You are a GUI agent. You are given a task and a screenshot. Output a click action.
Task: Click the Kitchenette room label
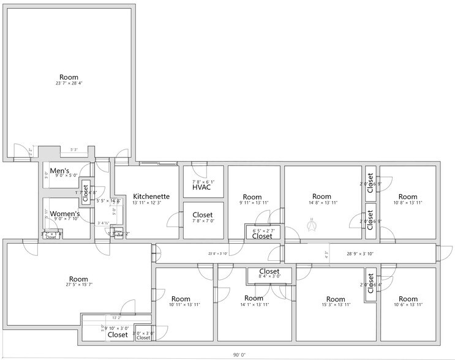[x=151, y=196]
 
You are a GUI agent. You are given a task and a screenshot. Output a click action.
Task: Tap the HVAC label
[x=202, y=188]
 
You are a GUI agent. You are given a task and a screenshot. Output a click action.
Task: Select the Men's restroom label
[x=59, y=170]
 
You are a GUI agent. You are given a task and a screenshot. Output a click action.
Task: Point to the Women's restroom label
[x=65, y=214]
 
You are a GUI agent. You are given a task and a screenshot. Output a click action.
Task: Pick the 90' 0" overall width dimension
[x=239, y=354]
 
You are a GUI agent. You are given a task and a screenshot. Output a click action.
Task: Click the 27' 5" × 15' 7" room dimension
[x=78, y=285]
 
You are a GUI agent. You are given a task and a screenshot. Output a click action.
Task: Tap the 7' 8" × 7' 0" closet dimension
[x=202, y=221]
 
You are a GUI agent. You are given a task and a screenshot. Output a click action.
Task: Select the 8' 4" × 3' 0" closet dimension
[x=269, y=277]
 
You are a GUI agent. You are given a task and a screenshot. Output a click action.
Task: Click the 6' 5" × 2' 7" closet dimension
[x=262, y=230]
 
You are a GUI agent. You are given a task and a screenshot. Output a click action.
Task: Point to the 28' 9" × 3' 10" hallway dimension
[x=360, y=253]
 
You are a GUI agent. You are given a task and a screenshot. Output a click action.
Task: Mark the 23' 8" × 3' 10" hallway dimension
[x=218, y=253]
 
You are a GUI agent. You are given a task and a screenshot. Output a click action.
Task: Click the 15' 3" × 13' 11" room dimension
[x=336, y=304]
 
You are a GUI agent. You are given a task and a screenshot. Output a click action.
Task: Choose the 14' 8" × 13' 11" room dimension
[x=323, y=203]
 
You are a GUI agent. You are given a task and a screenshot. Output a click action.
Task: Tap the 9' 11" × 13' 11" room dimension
[x=252, y=203]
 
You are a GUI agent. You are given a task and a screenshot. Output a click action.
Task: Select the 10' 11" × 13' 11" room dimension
[x=181, y=304]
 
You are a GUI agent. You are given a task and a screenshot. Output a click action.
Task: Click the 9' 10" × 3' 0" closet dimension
[x=116, y=328]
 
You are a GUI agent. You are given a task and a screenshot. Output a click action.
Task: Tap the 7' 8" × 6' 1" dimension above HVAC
[x=202, y=182]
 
